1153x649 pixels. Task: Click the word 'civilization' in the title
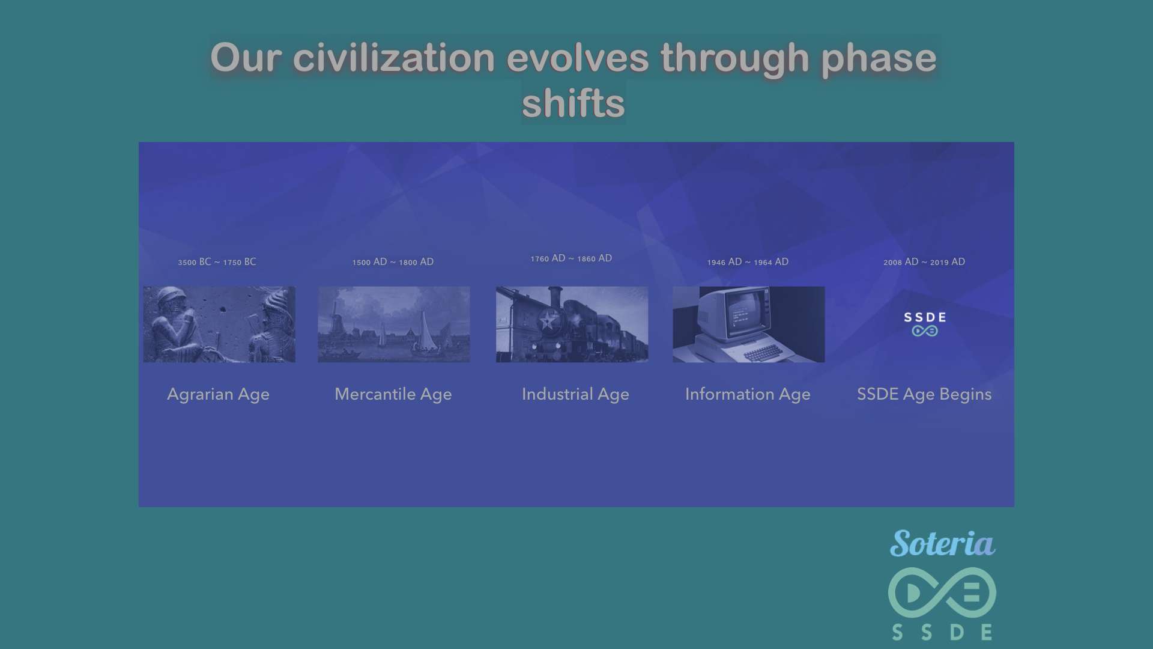coord(394,58)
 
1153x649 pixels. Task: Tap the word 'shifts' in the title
coord(573,103)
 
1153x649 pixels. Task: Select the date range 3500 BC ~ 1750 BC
coord(217,262)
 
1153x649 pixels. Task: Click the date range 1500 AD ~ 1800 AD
coord(393,262)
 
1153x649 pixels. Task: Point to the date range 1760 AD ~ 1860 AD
coord(571,258)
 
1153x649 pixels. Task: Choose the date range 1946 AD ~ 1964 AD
coord(748,262)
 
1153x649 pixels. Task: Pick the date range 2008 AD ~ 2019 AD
coord(924,262)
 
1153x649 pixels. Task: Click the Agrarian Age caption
coord(218,394)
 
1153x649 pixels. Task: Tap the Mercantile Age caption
coord(393,394)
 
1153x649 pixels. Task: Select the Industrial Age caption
coord(575,394)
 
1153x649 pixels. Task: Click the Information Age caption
coord(748,394)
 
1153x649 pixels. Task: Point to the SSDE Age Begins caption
coord(924,394)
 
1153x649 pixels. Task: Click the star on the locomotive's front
coord(548,320)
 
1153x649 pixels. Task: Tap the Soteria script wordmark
coord(942,543)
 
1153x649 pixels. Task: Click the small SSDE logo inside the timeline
coord(925,324)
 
